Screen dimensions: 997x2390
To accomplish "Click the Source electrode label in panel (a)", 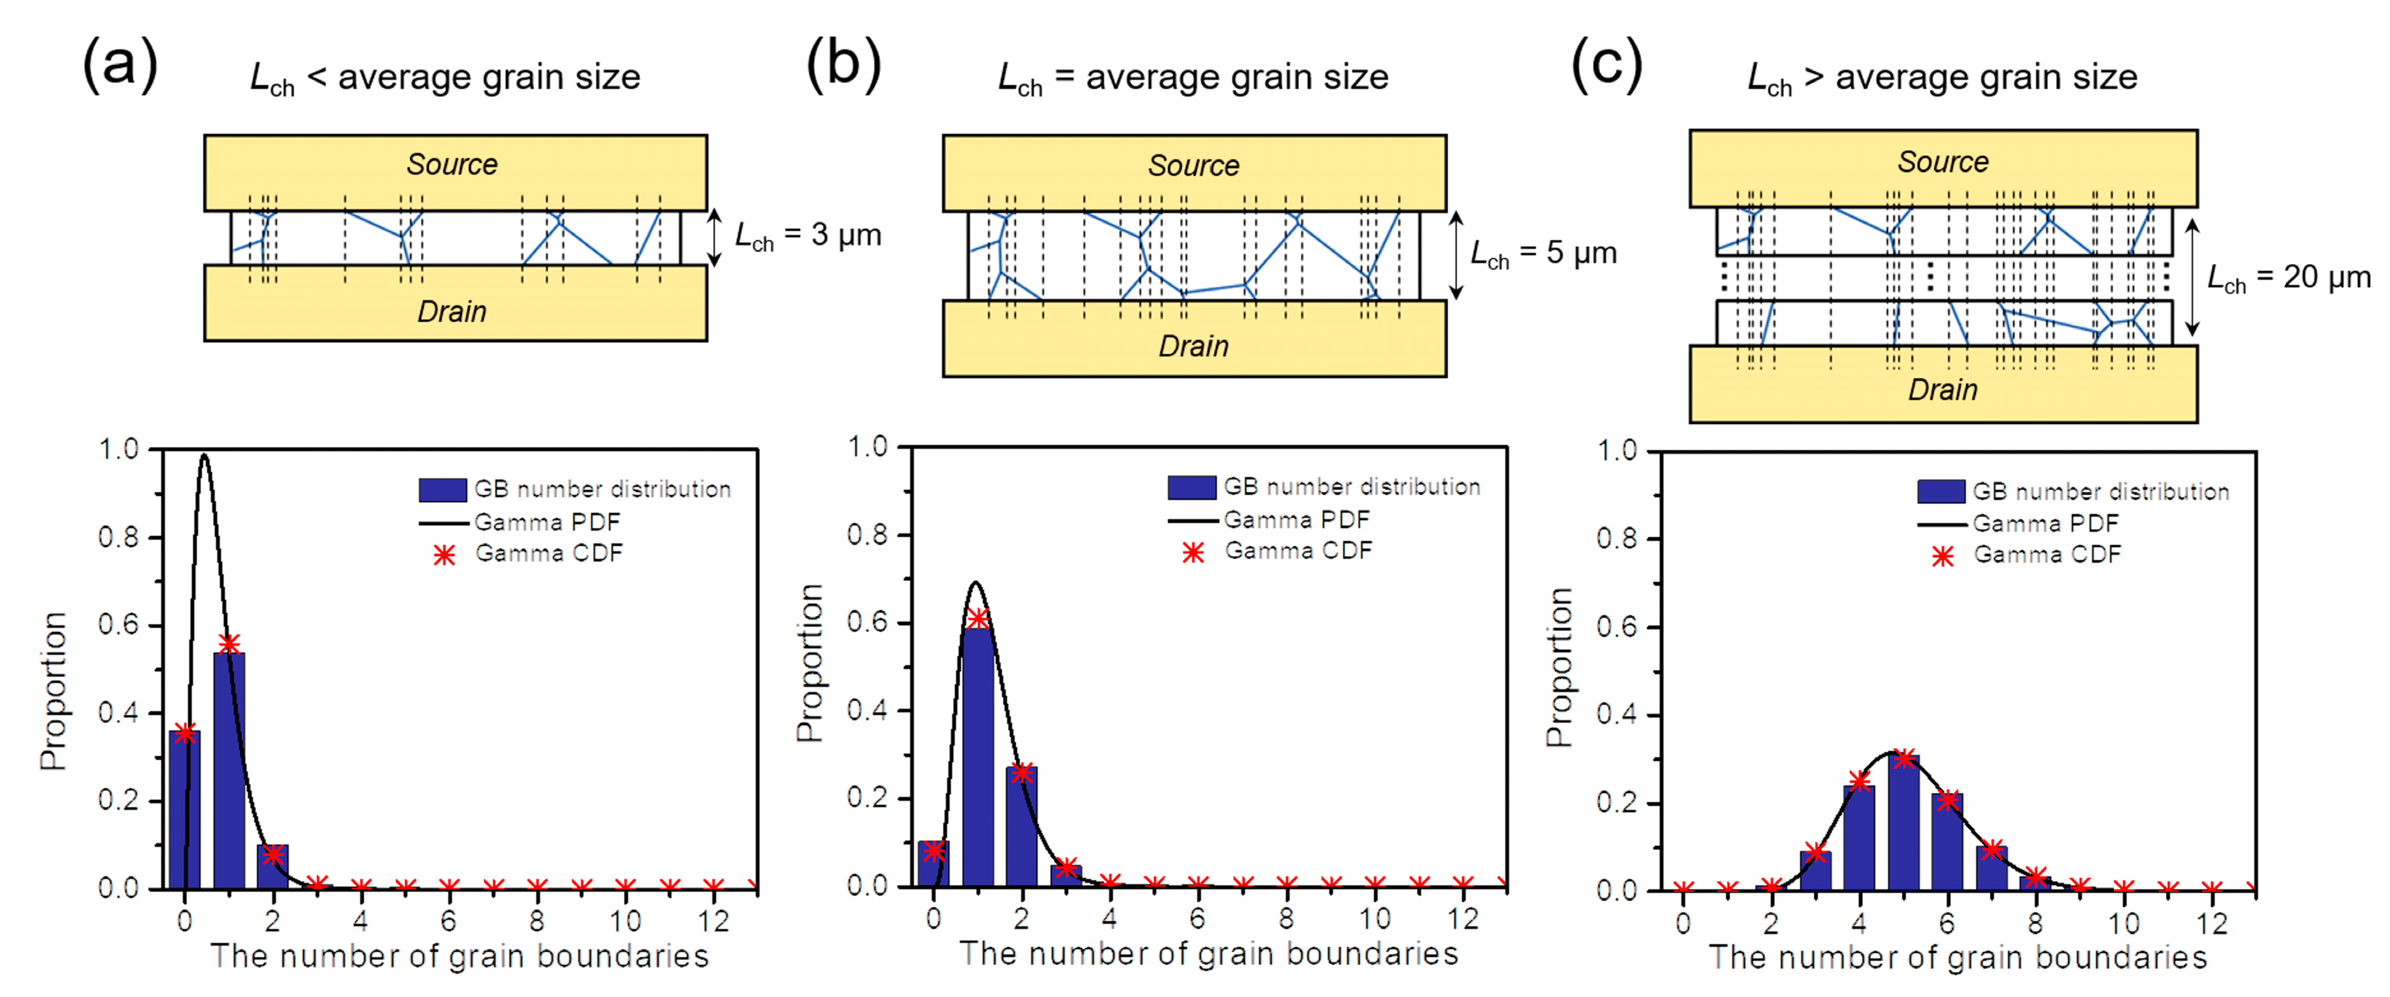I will pos(452,164).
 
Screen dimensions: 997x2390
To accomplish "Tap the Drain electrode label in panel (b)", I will pos(1193,346).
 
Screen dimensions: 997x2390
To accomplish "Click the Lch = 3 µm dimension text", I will pos(807,236).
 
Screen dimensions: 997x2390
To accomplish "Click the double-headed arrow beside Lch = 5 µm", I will pos(1456,255).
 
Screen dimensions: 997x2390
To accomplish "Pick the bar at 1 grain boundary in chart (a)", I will pos(229,770).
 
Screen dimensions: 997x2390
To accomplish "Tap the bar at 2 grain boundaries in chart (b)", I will pos(1022,826).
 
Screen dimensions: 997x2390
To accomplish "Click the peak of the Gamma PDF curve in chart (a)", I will pos(204,455).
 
